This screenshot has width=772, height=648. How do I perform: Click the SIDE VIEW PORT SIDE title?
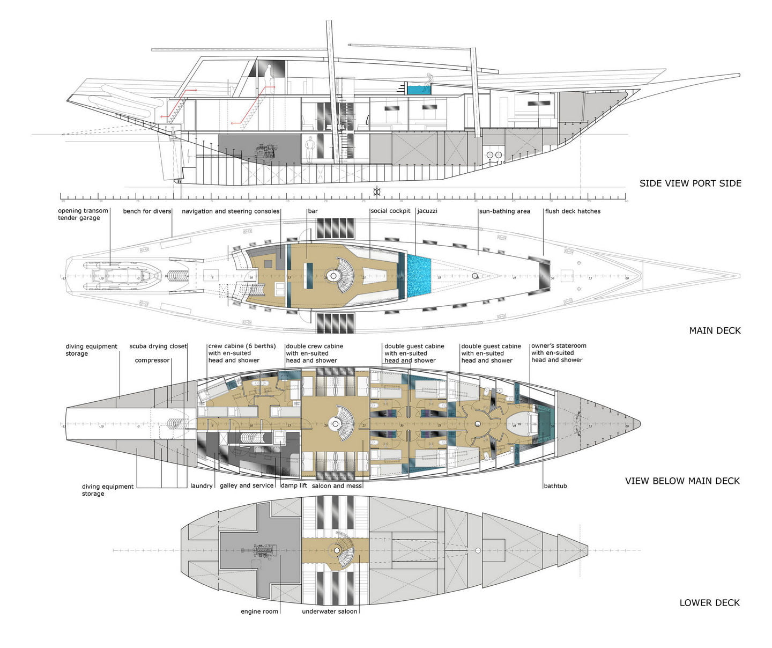coord(690,183)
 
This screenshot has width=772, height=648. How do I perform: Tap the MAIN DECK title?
coord(715,330)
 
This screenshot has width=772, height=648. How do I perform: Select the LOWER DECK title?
coord(709,603)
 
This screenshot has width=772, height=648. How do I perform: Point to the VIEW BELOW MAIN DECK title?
coord(682,481)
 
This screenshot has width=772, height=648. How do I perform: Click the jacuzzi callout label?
coord(427,211)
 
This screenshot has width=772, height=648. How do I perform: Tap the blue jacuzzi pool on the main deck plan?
coord(419,276)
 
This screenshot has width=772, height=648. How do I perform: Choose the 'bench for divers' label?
coord(147,211)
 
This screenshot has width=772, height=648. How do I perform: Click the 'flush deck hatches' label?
coord(573,211)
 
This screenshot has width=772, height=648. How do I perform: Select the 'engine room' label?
coord(259,612)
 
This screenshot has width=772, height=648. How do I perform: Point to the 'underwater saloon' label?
coord(329,612)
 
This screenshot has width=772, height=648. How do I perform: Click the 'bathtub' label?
coord(555,486)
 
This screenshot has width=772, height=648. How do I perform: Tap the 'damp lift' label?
coord(294,486)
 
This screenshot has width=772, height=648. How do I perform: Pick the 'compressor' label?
coord(152,360)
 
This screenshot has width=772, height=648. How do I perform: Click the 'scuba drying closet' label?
coord(158,347)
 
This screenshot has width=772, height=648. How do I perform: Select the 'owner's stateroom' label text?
coord(559,346)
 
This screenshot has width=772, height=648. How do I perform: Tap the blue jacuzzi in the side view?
coord(418,89)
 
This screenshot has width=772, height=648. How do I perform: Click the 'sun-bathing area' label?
coord(504,211)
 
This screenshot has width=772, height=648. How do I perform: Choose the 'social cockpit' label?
coord(390,211)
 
